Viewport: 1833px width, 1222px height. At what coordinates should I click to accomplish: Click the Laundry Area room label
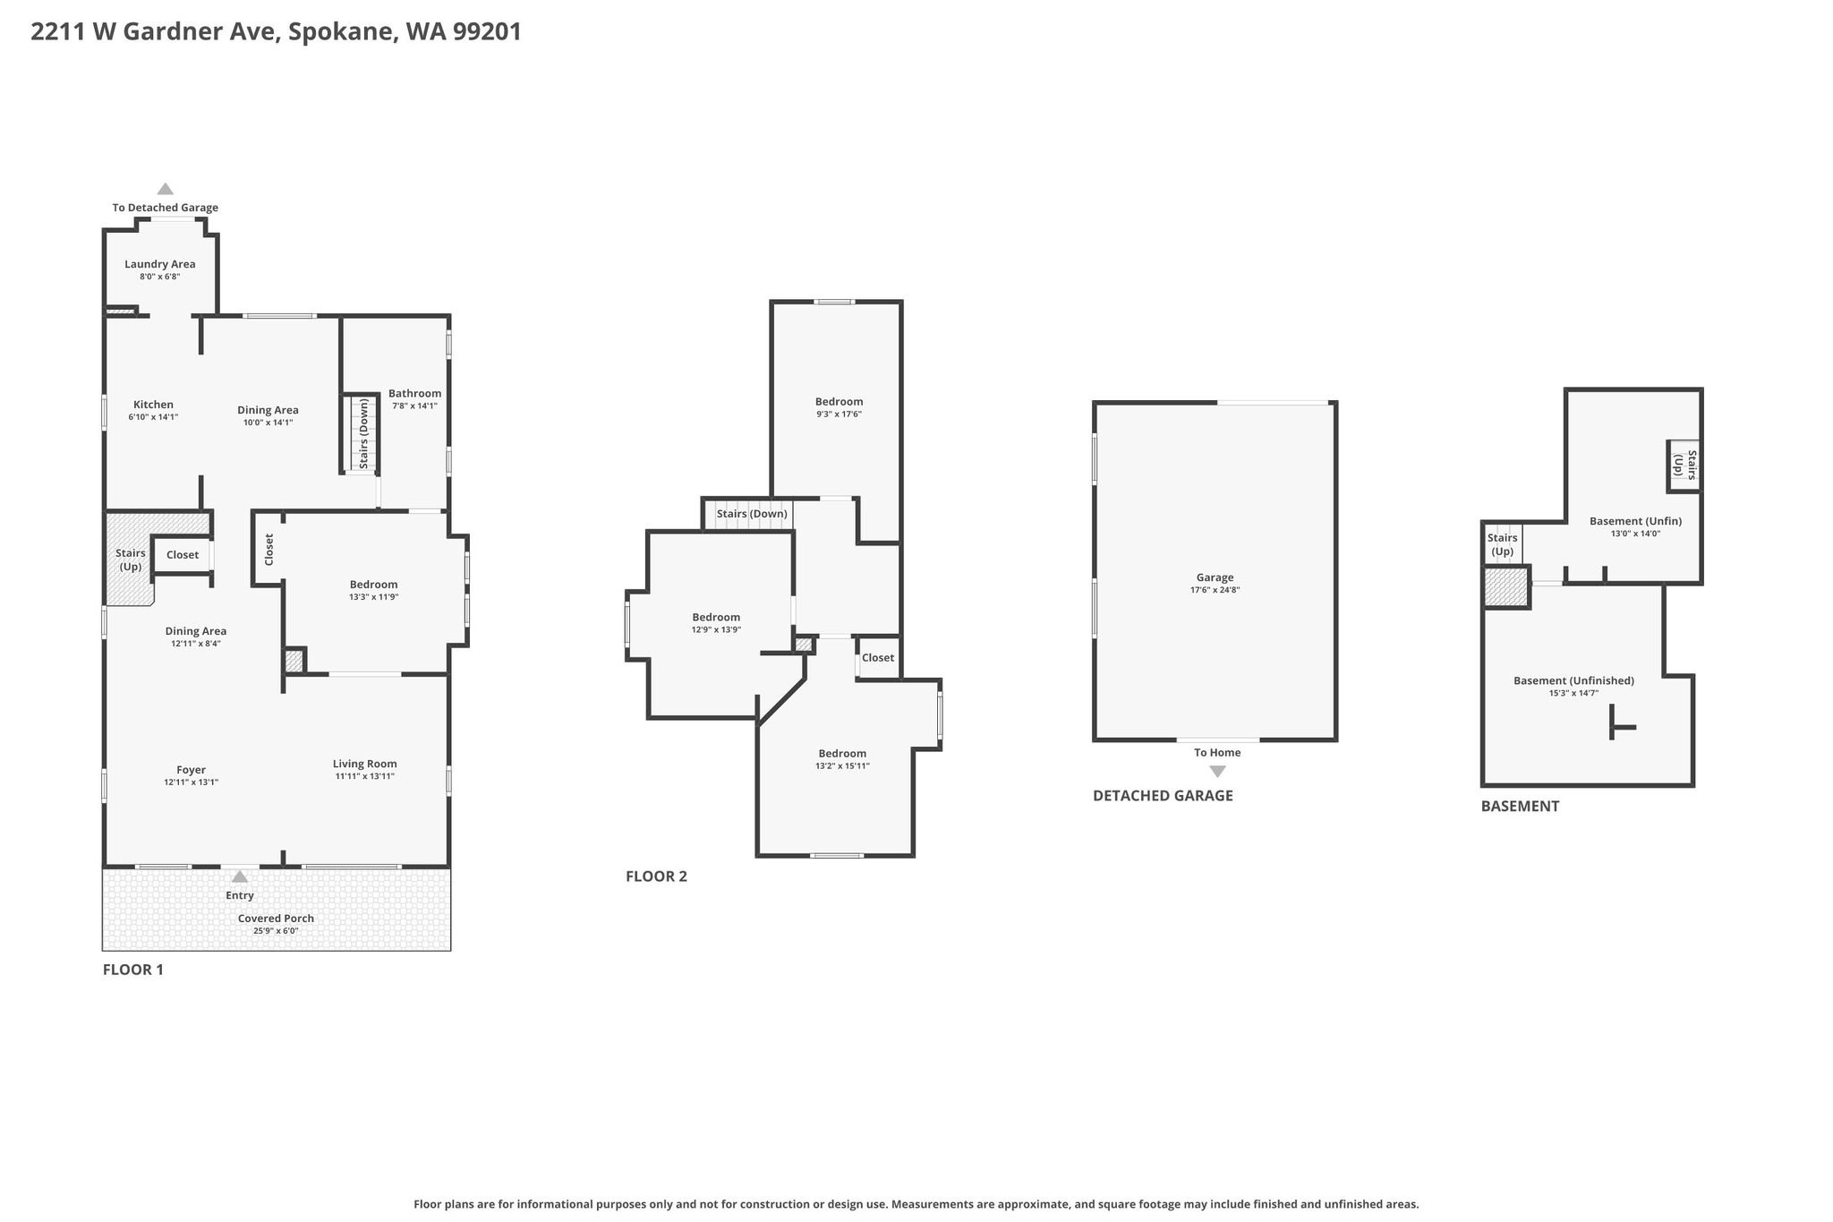pos(160,264)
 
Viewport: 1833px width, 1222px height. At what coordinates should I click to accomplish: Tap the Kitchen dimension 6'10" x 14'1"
pos(154,417)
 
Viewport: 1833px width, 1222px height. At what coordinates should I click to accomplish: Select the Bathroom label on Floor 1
pos(415,393)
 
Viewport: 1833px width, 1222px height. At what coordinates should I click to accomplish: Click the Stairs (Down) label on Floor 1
pos(364,434)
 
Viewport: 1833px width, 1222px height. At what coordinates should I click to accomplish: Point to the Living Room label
pos(365,764)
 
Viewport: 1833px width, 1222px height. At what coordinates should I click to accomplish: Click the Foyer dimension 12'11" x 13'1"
pos(192,782)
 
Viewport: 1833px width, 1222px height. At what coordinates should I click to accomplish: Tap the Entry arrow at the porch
pos(240,877)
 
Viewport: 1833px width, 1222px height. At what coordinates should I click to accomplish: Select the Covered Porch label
pos(276,919)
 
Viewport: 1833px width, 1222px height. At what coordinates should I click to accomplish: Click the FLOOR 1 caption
pos(133,970)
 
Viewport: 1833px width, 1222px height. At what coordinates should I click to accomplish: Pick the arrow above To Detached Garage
pos(166,189)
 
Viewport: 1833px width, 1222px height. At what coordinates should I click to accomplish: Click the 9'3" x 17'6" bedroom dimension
pos(840,414)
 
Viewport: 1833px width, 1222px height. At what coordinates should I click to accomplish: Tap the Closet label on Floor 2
pos(878,658)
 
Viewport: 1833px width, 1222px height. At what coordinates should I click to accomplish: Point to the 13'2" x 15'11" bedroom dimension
pos(842,766)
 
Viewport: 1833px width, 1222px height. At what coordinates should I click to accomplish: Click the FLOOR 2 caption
pos(656,876)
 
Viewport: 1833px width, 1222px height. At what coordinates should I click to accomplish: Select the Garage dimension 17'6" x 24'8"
pos(1215,590)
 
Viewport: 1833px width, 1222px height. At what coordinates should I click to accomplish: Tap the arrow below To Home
pos(1217,772)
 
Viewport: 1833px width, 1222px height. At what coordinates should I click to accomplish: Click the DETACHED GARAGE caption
pos(1163,796)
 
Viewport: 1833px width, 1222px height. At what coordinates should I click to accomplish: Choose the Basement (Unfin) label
pos(1635,521)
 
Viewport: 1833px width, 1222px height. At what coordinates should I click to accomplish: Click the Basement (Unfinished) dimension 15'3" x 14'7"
pos(1573,693)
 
